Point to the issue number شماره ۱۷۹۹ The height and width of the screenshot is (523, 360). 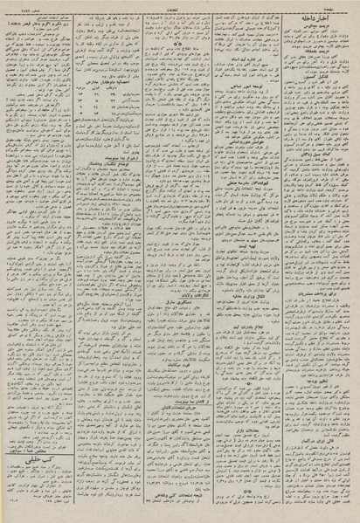(x=25, y=5)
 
